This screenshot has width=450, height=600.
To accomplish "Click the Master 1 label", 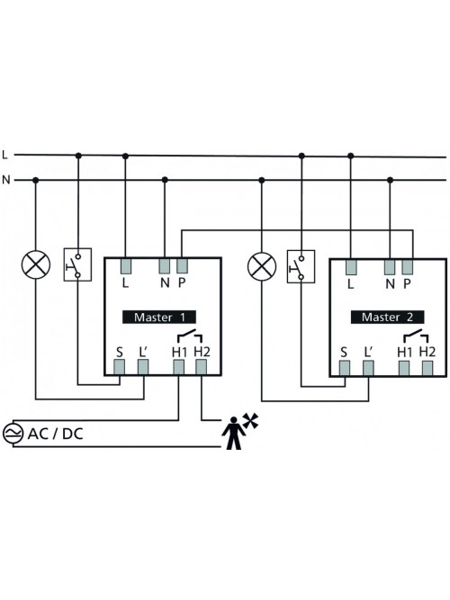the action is coord(159,317).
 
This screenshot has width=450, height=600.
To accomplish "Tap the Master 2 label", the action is coord(387,317).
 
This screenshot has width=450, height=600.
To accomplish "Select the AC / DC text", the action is coord(56,434).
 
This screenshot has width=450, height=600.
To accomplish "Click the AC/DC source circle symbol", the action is coord(13,434).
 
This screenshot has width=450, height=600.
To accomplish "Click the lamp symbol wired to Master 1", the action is coord(36,264).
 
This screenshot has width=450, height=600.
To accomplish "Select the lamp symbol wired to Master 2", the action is coord(262,266).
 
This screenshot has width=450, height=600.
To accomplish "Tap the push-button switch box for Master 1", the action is coord(77,264).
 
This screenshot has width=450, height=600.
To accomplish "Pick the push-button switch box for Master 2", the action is coord(301,266).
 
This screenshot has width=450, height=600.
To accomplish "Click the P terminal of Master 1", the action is coord(182,266).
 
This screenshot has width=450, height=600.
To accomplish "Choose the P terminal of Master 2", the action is coord(407,267).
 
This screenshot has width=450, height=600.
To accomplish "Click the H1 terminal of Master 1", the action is coord(178,367).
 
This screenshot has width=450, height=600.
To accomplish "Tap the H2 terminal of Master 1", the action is coord(201,367).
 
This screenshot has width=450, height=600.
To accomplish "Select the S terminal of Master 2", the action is coord(345,368).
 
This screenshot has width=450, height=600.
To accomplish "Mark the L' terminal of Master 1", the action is coord(143,367).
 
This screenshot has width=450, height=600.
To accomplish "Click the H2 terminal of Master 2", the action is coord(427,368).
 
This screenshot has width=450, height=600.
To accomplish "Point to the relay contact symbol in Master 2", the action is coord(416,336).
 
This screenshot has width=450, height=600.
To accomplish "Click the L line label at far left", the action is coord(5,155).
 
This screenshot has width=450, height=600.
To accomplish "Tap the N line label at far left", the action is coord(6,180).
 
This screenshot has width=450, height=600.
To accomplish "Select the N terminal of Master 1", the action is coord(165,266).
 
